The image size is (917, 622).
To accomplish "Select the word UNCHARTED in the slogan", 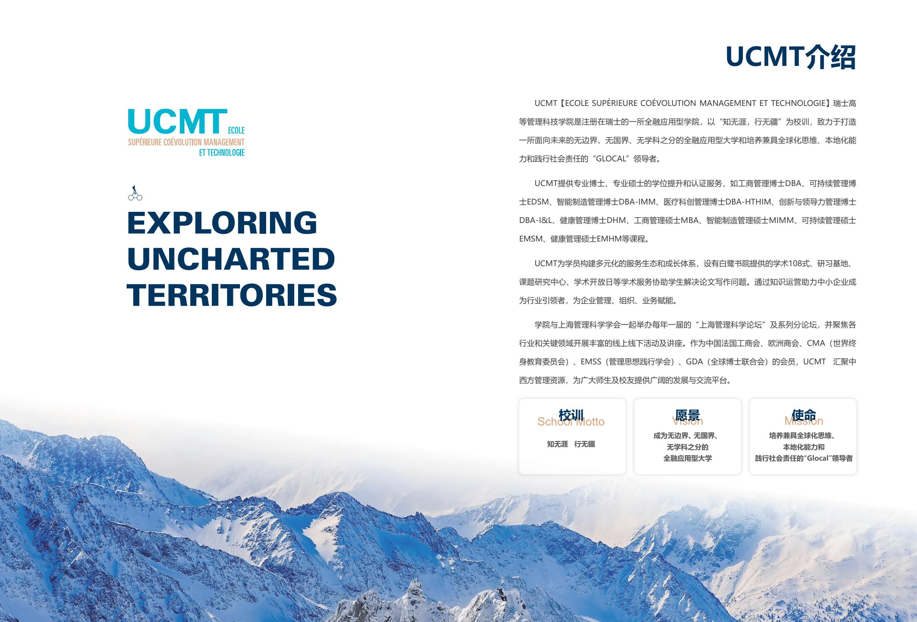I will pyautogui.click(x=231, y=259).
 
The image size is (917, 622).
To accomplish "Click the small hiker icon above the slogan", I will pyautogui.click(x=135, y=193).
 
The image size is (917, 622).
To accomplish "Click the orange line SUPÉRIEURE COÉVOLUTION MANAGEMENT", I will pyautogui.click(x=186, y=142).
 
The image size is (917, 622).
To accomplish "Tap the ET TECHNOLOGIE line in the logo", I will pyautogui.click(x=222, y=153).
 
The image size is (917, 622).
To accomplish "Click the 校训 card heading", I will pyautogui.click(x=570, y=415).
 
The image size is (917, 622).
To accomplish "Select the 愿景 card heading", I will pyautogui.click(x=687, y=415).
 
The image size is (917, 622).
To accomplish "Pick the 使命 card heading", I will pyautogui.click(x=803, y=415).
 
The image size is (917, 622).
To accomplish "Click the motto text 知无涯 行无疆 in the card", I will pyautogui.click(x=570, y=444).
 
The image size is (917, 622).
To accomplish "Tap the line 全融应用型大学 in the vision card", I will pyautogui.click(x=687, y=458).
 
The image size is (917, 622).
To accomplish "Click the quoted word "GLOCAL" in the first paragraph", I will pyautogui.click(x=611, y=159).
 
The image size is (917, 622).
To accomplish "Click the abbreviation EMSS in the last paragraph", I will pyautogui.click(x=591, y=362).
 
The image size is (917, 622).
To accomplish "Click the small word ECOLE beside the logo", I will pyautogui.click(x=236, y=130).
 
